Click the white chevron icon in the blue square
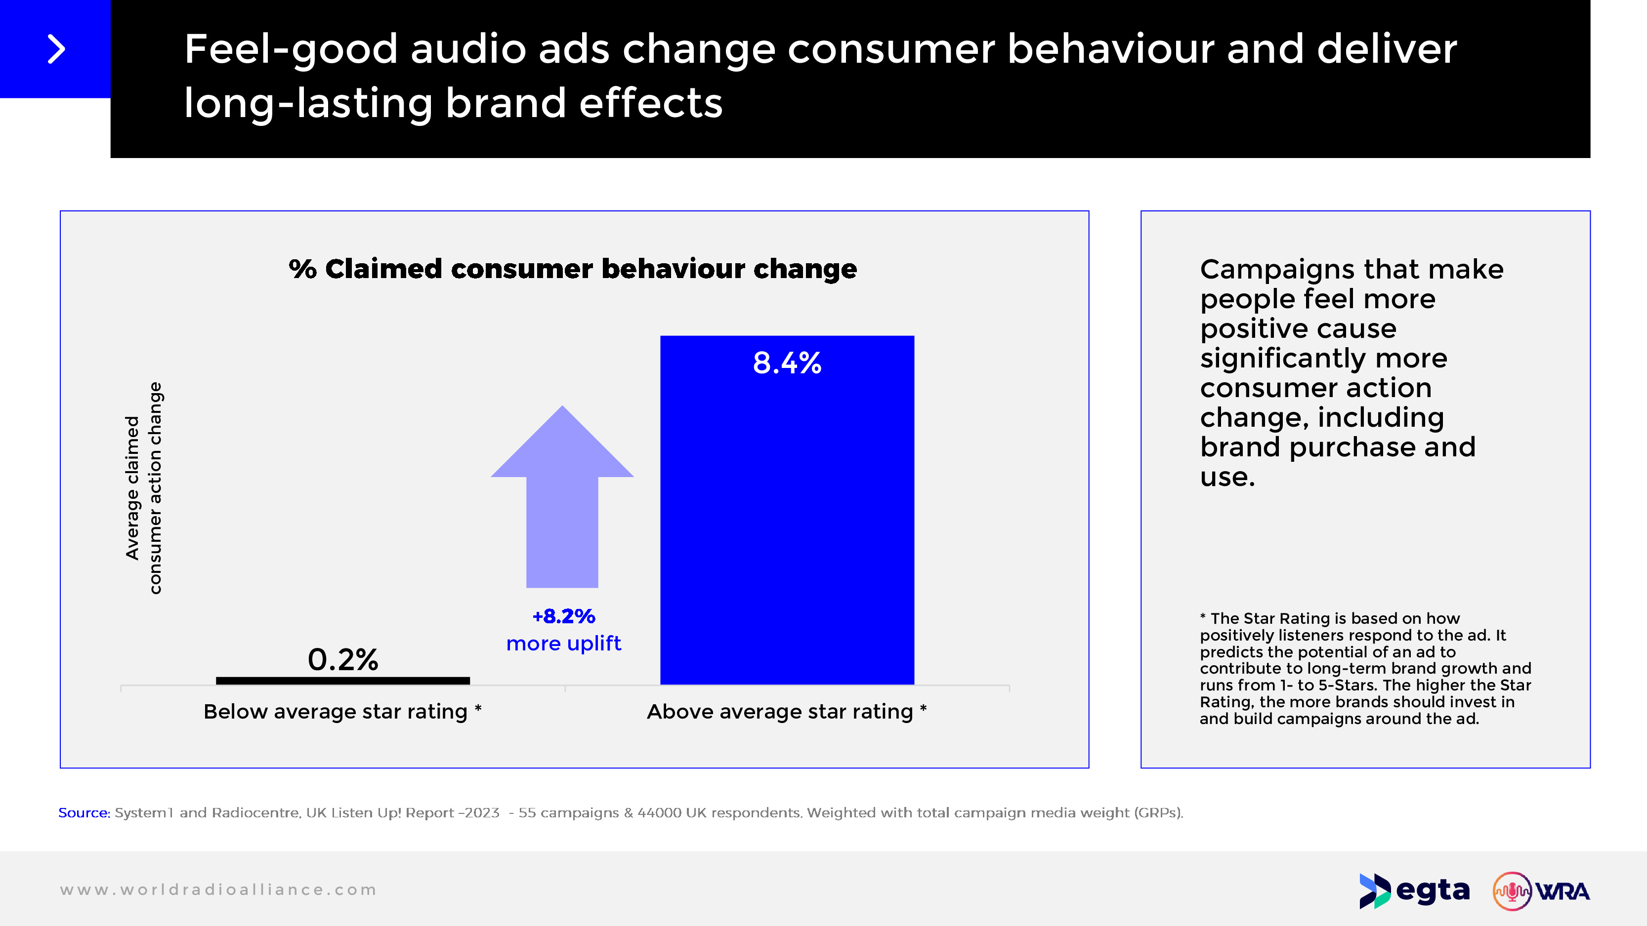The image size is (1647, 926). [x=56, y=49]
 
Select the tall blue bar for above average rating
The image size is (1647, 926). [x=787, y=524]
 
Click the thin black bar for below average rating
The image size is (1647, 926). [x=343, y=681]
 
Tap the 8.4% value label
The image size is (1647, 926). [x=787, y=363]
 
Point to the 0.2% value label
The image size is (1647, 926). [x=343, y=659]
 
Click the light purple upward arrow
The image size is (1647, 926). [x=562, y=498]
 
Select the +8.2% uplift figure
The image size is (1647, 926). [x=564, y=616]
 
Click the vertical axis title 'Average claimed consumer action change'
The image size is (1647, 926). [x=143, y=489]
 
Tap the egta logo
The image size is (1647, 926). [x=1414, y=890]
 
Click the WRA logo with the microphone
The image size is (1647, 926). [x=1541, y=890]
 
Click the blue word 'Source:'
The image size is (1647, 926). [x=84, y=813]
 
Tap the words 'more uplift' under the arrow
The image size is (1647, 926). [x=563, y=643]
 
